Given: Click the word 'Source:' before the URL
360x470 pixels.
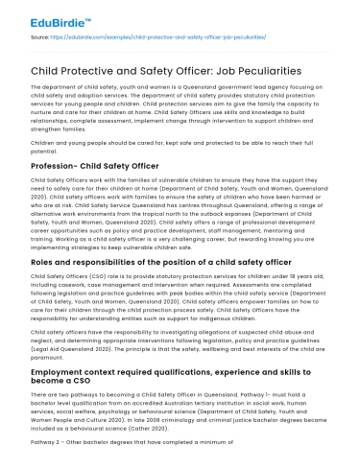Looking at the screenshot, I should pyautogui.click(x=41, y=35).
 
